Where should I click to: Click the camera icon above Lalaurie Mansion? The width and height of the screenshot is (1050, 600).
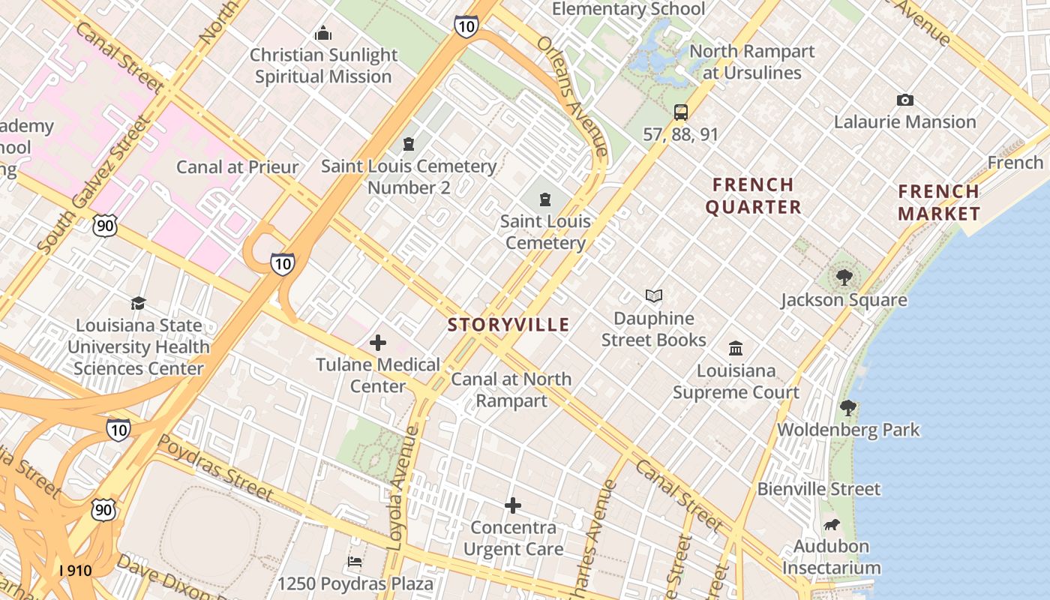[x=905, y=100]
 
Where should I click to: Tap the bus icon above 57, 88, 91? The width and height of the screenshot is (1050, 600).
[x=681, y=112]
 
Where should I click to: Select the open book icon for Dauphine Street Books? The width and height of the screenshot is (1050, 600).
[x=654, y=295]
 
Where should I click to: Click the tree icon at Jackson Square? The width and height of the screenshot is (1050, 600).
[x=844, y=277]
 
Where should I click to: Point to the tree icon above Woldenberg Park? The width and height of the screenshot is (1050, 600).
[x=848, y=408]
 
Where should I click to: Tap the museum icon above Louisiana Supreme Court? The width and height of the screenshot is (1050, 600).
[x=736, y=348]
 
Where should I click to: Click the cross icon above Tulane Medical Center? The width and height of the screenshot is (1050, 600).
[x=378, y=343]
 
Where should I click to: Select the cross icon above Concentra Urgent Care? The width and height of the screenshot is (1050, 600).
[x=513, y=505]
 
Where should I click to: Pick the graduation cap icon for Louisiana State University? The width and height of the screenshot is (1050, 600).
[x=139, y=303]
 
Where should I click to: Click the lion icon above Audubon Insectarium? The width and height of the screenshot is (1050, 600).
[x=832, y=524]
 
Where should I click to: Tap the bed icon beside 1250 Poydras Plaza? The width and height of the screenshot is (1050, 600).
[x=355, y=561]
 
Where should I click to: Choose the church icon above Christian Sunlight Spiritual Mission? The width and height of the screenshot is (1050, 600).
[x=323, y=33]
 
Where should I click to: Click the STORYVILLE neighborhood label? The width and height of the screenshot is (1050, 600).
[x=508, y=325]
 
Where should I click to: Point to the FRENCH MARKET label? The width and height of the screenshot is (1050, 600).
[x=939, y=202]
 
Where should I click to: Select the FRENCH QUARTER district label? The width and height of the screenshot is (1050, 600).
[x=753, y=196]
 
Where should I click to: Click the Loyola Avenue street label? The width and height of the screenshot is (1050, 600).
[x=403, y=487]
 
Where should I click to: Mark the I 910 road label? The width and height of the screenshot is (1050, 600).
[x=75, y=571]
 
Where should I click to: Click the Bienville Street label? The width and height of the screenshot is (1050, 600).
[x=819, y=489]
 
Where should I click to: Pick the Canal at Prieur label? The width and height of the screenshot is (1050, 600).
[x=237, y=166]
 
